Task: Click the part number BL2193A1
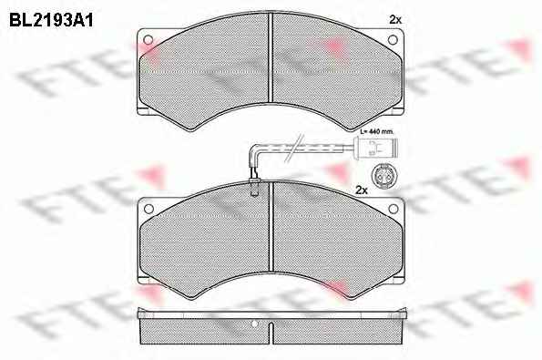[51, 21]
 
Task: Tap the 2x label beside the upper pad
[395, 20]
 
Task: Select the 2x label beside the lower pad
[362, 190]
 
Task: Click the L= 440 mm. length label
[377, 132]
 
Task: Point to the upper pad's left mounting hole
[148, 40]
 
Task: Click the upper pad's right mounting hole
[393, 40]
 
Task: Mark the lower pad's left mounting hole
[148, 209]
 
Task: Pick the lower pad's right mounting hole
[394, 209]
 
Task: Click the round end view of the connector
[381, 176]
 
